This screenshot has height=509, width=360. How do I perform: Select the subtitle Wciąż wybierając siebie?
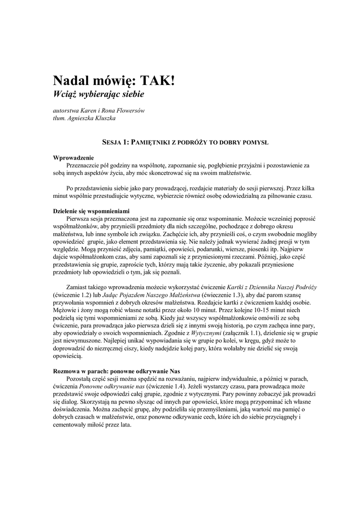(x=98, y=93)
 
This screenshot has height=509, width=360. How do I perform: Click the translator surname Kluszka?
(x=104, y=118)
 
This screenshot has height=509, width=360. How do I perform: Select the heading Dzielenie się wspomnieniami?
(x=91, y=211)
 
